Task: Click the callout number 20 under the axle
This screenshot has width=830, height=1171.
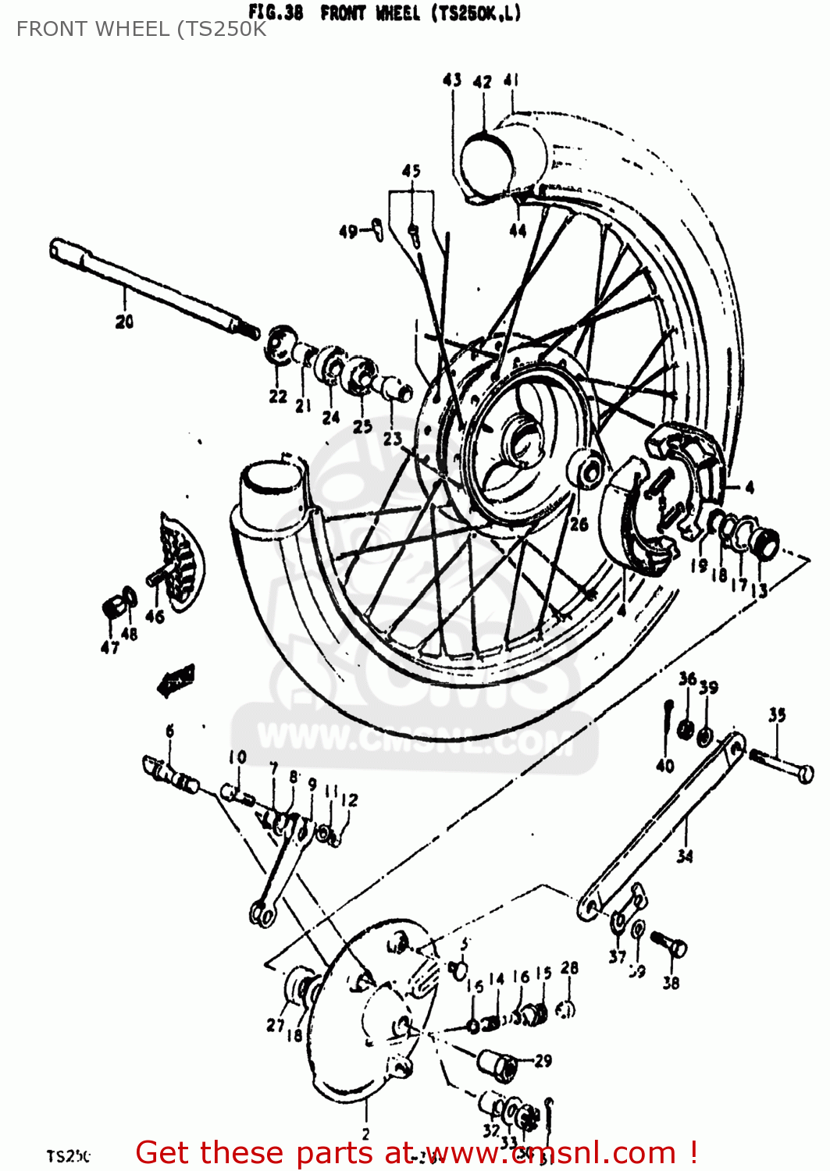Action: coord(124,321)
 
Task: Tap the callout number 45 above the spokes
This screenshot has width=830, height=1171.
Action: coord(411,170)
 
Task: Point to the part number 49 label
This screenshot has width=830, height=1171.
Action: coord(348,231)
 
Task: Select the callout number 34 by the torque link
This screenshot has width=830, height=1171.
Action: coord(684,856)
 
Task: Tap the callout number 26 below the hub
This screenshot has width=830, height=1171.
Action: coord(579,524)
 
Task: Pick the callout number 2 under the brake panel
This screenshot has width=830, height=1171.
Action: coord(365,1134)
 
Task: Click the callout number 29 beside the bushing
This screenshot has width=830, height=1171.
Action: coord(543,1060)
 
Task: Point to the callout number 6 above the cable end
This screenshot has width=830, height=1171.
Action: coord(169,731)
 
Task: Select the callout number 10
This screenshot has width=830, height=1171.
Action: coord(237,756)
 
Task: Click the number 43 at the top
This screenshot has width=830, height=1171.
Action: coord(452,80)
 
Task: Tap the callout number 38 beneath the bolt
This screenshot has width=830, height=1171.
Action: coord(671,983)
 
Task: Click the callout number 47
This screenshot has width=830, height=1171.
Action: coord(109,646)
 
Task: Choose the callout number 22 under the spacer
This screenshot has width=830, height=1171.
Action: coord(278,397)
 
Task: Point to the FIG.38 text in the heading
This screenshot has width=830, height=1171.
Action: coord(275,13)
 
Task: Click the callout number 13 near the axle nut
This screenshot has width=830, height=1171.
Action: coord(759,590)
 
